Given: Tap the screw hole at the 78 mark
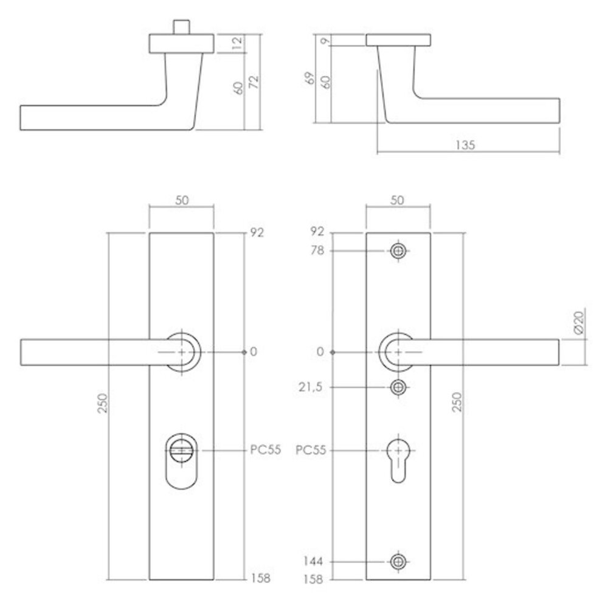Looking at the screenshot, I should (398, 250).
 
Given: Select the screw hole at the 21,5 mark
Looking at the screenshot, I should (398, 387).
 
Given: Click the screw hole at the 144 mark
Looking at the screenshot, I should (398, 561).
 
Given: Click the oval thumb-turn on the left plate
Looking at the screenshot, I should (181, 460).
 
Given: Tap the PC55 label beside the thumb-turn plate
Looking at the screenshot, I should (265, 451).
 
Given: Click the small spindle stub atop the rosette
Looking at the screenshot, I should (181, 27).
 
